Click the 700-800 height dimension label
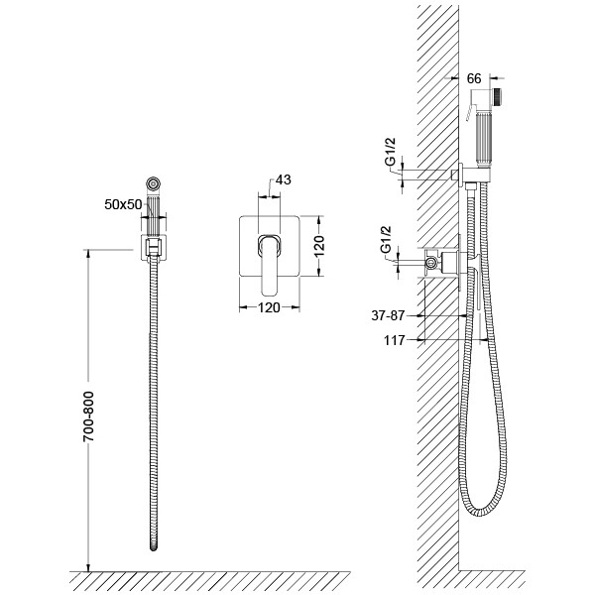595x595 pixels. [88, 416]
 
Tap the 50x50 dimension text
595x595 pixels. [123, 204]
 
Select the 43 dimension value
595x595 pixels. [283, 179]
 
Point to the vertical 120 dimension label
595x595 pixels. [319, 245]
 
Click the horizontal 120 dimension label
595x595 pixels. [269, 307]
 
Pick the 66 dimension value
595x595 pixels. [474, 78]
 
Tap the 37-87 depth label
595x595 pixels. [388, 315]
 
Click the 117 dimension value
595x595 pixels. [395, 340]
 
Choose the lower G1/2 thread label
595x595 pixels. [386, 239]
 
